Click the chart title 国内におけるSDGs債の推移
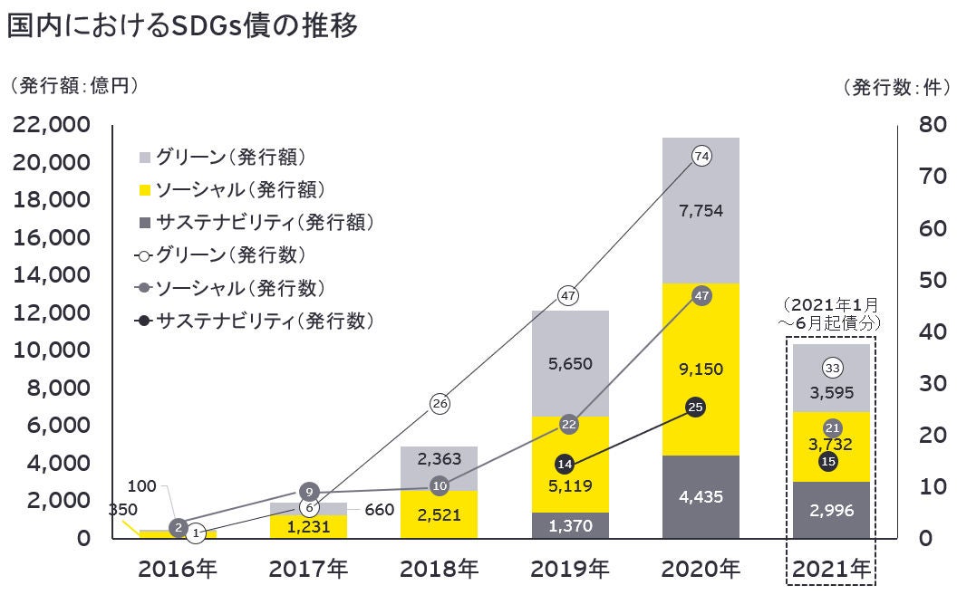point(182,25)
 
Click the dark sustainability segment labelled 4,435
point(700,496)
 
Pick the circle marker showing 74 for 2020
point(701,157)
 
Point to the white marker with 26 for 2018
point(440,404)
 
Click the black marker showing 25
point(696,407)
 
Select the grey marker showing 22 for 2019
point(569,424)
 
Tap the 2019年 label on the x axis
point(569,570)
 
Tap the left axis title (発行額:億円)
point(72,86)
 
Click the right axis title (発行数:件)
point(895,87)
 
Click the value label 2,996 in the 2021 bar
point(830,511)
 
